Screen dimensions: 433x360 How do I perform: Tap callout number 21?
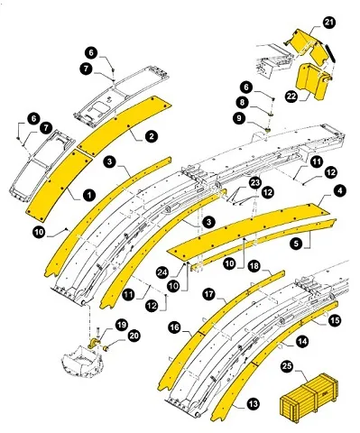point(302,22)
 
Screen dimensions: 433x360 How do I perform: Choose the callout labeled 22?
point(292,97)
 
